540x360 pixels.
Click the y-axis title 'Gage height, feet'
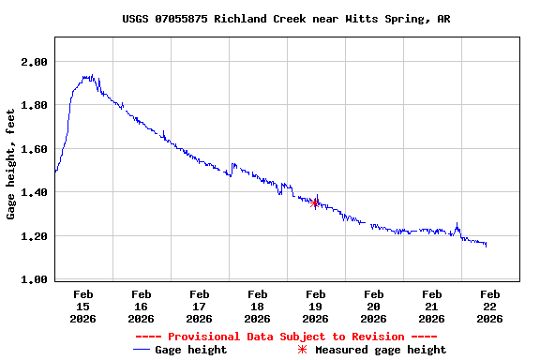11,164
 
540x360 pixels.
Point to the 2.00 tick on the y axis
34,62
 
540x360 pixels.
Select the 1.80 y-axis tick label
34,105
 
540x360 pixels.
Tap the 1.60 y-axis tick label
34,149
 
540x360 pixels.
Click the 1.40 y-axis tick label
34,192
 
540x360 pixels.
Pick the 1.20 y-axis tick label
34,236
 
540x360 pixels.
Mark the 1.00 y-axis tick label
34,279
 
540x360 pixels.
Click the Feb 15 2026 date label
82,307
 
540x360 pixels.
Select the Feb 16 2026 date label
141,307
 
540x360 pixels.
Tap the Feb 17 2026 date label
199,307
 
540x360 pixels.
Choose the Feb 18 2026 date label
257,307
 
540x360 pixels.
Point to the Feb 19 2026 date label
315,307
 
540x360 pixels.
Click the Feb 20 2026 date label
373,307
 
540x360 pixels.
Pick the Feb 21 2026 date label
431,307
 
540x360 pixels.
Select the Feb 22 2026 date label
489,307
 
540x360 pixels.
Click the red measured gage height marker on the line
315,202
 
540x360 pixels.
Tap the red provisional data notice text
286,337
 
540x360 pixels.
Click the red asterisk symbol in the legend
302,350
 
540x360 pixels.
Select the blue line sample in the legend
142,350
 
